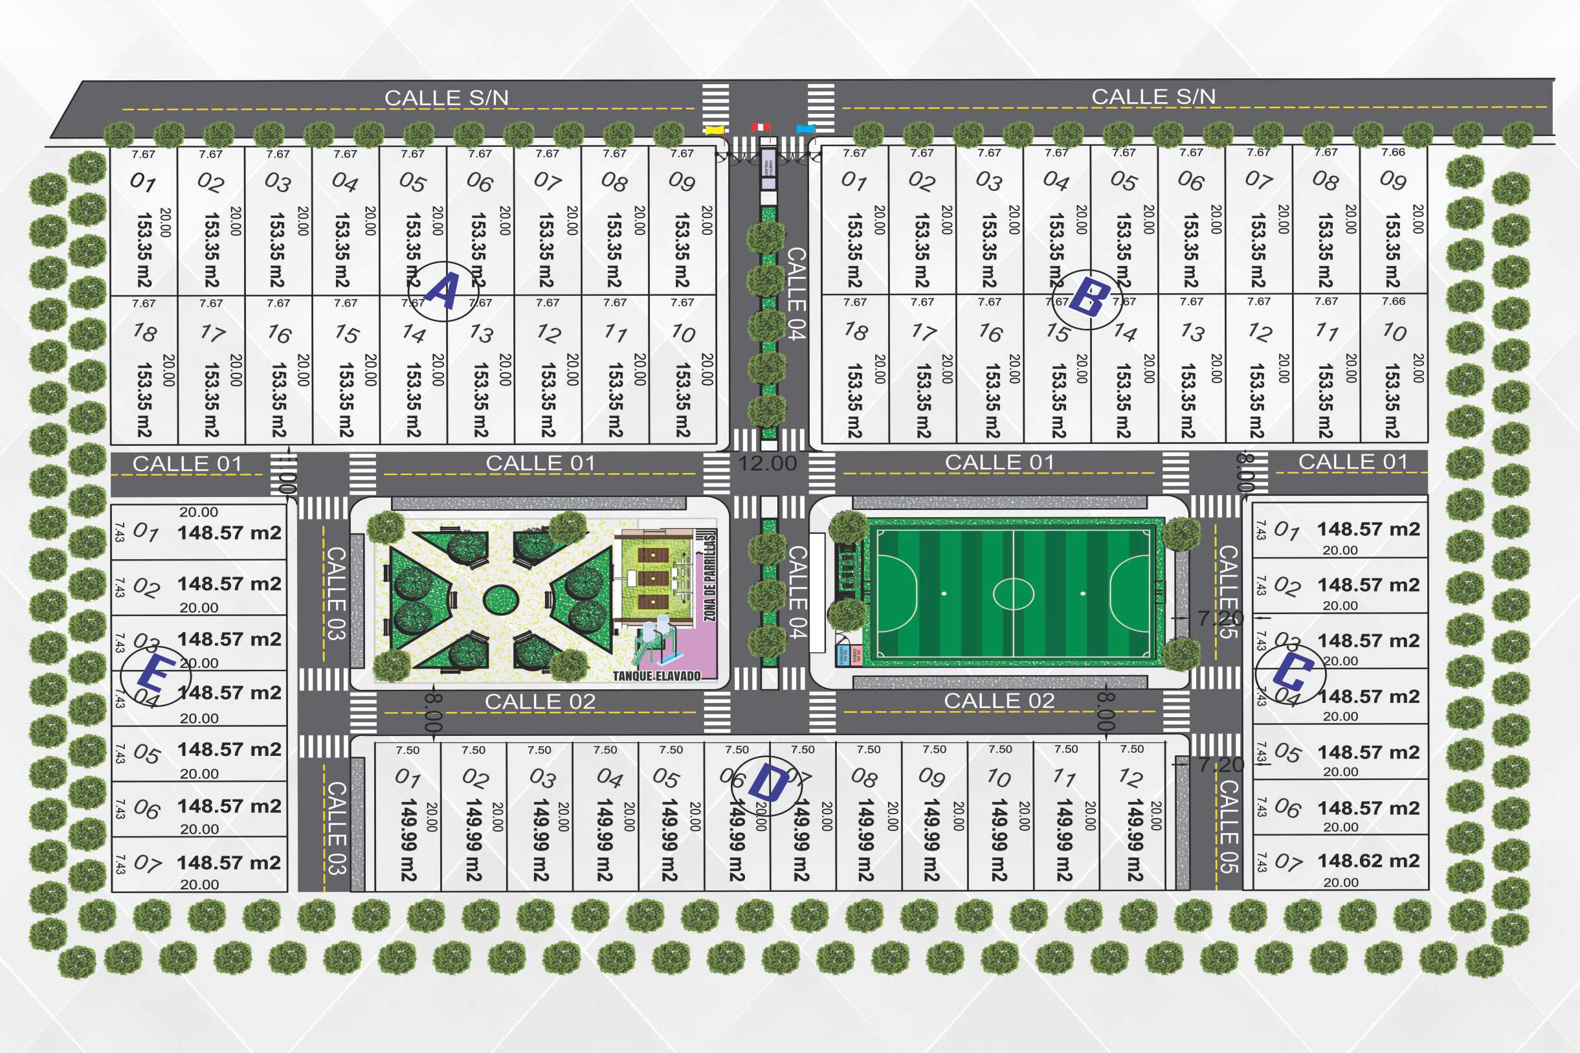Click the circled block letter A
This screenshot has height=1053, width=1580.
[443, 291]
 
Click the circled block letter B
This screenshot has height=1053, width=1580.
[1089, 299]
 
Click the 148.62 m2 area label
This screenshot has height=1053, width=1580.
[1368, 860]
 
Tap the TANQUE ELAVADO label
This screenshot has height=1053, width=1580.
[656, 676]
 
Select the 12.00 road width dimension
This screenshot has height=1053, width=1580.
[767, 463]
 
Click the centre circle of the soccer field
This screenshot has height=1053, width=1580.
[1013, 593]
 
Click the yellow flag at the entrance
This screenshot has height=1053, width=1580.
[714, 129]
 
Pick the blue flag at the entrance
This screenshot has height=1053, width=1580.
[805, 127]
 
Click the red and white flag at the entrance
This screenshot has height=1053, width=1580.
[760, 127]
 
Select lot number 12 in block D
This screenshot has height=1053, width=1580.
[1131, 778]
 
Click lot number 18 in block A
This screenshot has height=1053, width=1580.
[145, 332]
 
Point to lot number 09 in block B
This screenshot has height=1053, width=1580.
[1393, 180]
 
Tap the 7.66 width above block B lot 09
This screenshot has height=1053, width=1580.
[1394, 153]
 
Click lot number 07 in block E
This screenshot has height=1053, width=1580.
[147, 863]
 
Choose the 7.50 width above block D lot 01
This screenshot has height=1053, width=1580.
[408, 750]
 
